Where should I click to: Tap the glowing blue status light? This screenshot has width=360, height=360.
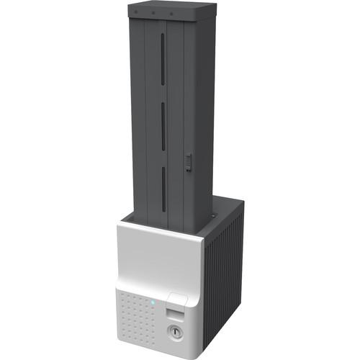click(153, 302)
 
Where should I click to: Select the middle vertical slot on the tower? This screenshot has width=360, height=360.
click(163, 126)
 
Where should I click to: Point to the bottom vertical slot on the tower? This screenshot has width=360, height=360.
click(163, 189)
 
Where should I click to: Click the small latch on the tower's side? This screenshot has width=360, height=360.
click(189, 162)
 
